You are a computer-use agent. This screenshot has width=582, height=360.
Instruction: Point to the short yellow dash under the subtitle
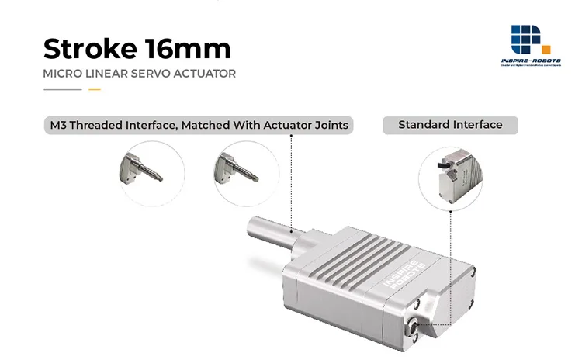tap(95, 90)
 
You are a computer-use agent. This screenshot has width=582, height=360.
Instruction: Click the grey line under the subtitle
tap(63, 90)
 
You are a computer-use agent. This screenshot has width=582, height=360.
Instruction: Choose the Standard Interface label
tap(450, 125)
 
